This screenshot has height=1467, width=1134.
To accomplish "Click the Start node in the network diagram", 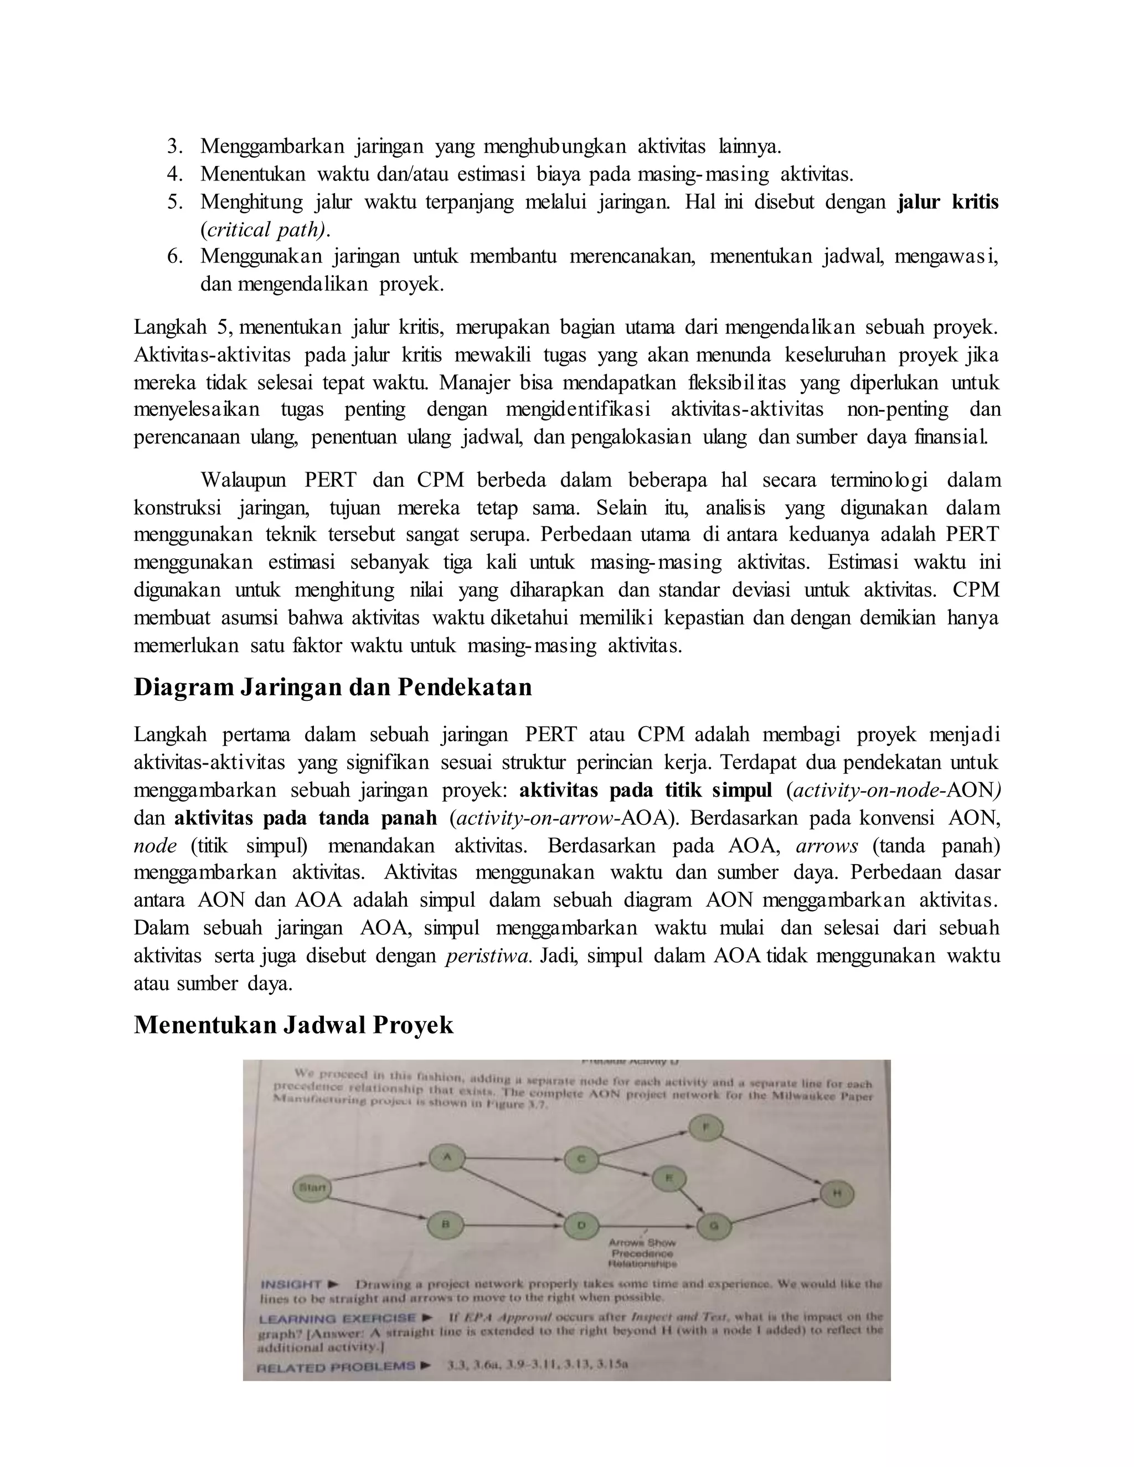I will [312, 1187].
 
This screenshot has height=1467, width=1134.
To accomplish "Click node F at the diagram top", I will [705, 1127].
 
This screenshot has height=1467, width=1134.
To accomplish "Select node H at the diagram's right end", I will [837, 1194].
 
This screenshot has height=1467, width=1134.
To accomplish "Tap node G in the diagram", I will [714, 1226].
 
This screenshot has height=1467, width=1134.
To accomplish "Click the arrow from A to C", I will [514, 1158].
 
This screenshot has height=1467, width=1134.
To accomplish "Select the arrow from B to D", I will [514, 1225].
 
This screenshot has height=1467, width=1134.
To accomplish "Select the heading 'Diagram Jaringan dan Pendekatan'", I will [333, 687].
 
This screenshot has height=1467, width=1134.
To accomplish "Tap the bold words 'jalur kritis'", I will [948, 202].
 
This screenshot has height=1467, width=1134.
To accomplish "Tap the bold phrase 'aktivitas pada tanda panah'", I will [306, 818].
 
